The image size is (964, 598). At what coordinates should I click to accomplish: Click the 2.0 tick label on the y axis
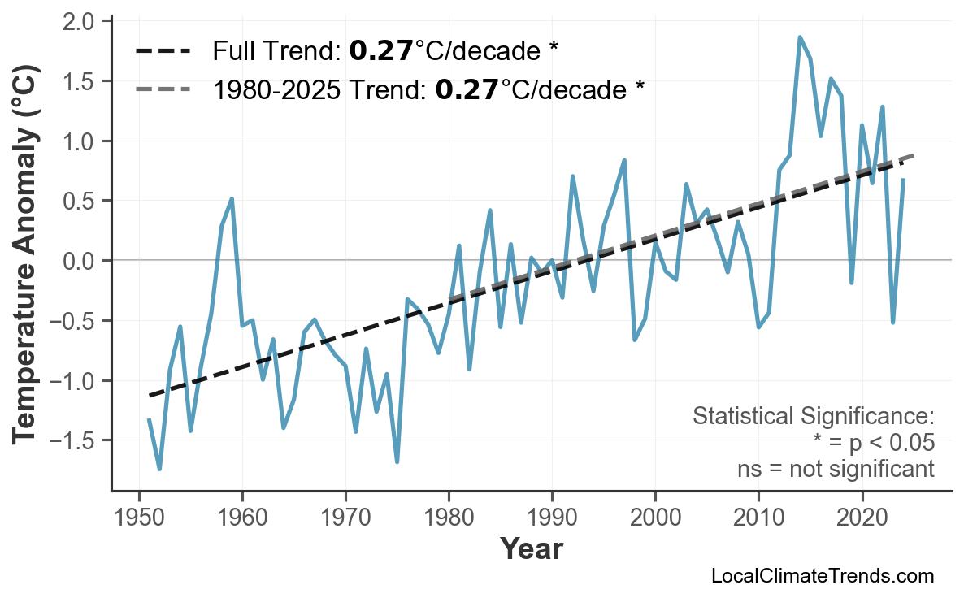[78, 20]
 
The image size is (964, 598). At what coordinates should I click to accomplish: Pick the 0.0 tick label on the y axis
[78, 261]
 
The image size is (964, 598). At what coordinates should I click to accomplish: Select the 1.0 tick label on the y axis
[78, 141]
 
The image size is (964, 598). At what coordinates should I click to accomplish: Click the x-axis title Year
[531, 549]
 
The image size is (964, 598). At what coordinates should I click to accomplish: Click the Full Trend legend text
[385, 51]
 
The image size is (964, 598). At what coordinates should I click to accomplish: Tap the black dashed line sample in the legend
[163, 51]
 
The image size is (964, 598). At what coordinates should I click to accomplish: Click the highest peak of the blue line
[800, 37]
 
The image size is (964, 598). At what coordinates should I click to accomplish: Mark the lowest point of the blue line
[159, 469]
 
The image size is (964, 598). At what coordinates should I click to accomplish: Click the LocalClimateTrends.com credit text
[822, 576]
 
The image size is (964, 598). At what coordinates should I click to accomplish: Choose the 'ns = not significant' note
[835, 469]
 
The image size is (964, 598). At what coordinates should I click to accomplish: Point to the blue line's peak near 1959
[232, 198]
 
